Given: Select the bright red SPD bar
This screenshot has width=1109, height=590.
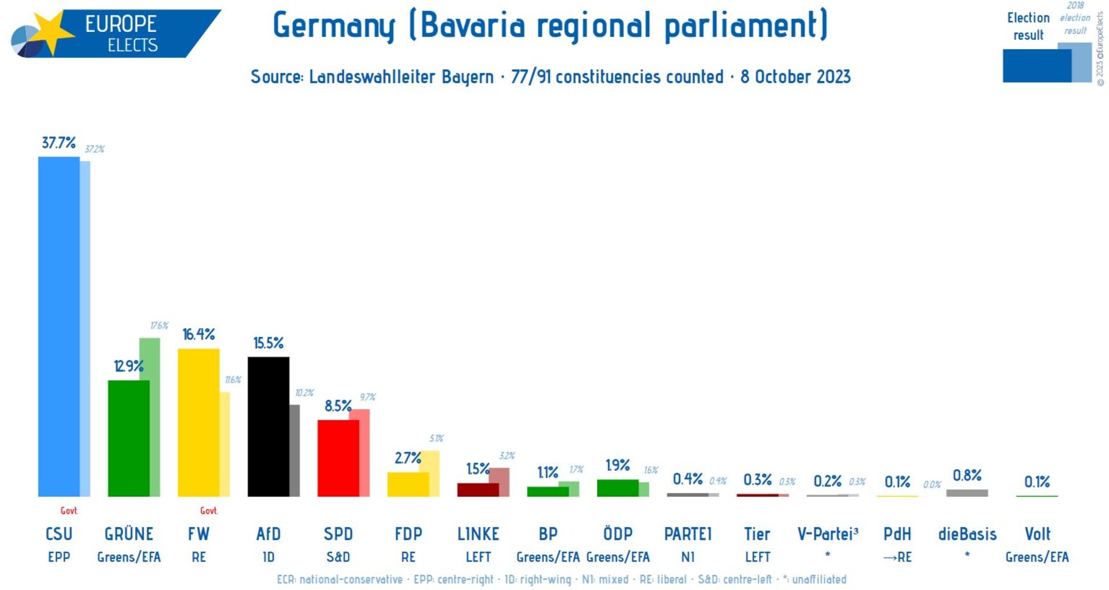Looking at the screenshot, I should [338, 458].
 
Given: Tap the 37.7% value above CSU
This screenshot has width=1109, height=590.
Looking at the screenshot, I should [58, 143].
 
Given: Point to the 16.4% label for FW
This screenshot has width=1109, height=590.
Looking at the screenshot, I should [198, 334].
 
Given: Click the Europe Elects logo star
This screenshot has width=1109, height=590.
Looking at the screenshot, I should [51, 32].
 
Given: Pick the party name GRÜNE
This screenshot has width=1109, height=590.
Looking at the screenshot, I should [129, 534].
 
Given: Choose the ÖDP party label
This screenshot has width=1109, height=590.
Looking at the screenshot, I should [617, 534].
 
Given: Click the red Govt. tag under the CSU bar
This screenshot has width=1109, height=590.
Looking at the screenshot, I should [69, 511].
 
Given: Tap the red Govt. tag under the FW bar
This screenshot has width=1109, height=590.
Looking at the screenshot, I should [209, 511].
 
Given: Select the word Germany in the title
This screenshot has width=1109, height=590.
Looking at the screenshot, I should [334, 25].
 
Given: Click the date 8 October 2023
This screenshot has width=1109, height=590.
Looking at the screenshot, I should [795, 77].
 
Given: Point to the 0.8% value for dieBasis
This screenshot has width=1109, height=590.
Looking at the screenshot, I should [967, 476].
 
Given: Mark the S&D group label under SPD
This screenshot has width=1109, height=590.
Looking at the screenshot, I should [338, 557].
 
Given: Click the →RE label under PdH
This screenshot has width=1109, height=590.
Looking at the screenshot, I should [897, 557].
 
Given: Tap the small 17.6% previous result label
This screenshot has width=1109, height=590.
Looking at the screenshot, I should [159, 326].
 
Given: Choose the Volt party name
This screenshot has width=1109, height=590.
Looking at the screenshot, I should [1037, 534].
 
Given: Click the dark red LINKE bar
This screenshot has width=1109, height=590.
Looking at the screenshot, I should [477, 490].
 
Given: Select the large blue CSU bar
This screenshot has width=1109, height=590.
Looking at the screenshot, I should [58, 326].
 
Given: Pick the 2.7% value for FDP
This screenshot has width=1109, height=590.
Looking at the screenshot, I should [407, 458].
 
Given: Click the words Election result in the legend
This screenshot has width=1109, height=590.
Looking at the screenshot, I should [1028, 27].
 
